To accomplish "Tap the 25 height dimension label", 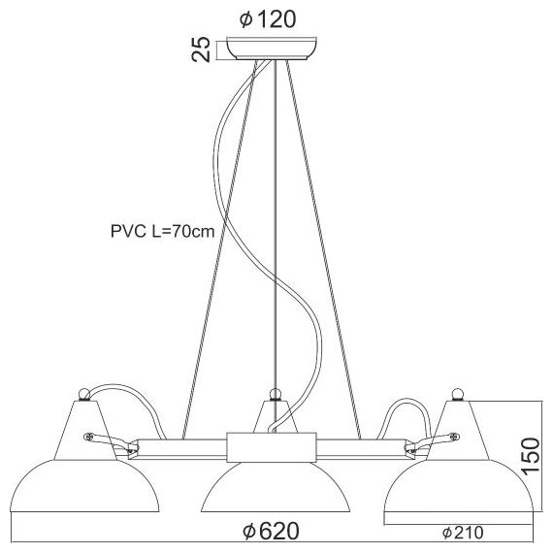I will pyautogui.click(x=202, y=49).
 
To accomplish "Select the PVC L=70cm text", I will pyautogui.click(x=161, y=232).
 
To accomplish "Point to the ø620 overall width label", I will pyautogui.click(x=271, y=532).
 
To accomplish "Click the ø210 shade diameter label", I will pyautogui.click(x=465, y=532).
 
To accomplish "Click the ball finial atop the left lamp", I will pyautogui.click(x=84, y=394).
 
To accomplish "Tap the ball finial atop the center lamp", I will pyautogui.click(x=276, y=394).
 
